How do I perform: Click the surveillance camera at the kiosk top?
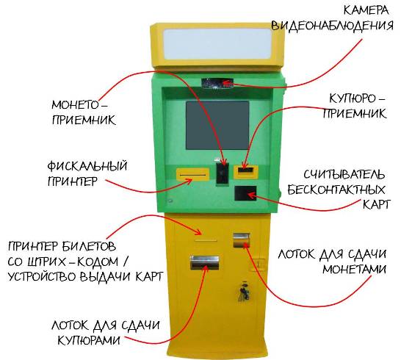pyautogui.click(x=217, y=83)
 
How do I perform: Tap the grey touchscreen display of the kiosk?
pyautogui.click(x=217, y=126)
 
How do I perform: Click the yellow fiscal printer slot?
pyautogui.click(x=193, y=174)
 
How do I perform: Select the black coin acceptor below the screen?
pyautogui.click(x=223, y=173)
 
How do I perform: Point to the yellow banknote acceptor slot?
pyautogui.click(x=246, y=172)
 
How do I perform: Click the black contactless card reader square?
pyautogui.click(x=245, y=193)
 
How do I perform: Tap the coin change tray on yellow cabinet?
pyautogui.click(x=241, y=240)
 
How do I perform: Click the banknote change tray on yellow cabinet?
pyautogui.click(x=205, y=262)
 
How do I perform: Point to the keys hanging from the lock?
pyautogui.click(x=244, y=292)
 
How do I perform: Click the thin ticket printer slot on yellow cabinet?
pyautogui.click(x=206, y=240)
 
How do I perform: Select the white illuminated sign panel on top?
pyautogui.click(x=217, y=44)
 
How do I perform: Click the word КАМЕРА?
pyautogui.click(x=366, y=10)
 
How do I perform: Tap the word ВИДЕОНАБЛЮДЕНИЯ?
pyautogui.click(x=332, y=26)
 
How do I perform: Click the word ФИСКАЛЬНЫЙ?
pyautogui.click(x=87, y=166)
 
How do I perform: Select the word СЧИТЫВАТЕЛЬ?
pyautogui.click(x=344, y=175)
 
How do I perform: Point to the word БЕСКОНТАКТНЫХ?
pyautogui.click(x=336, y=190)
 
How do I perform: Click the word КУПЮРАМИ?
pyautogui.click(x=89, y=340)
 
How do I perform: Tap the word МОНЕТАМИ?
pyautogui.click(x=354, y=269)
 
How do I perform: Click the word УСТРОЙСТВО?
pyautogui.click(x=43, y=277)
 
